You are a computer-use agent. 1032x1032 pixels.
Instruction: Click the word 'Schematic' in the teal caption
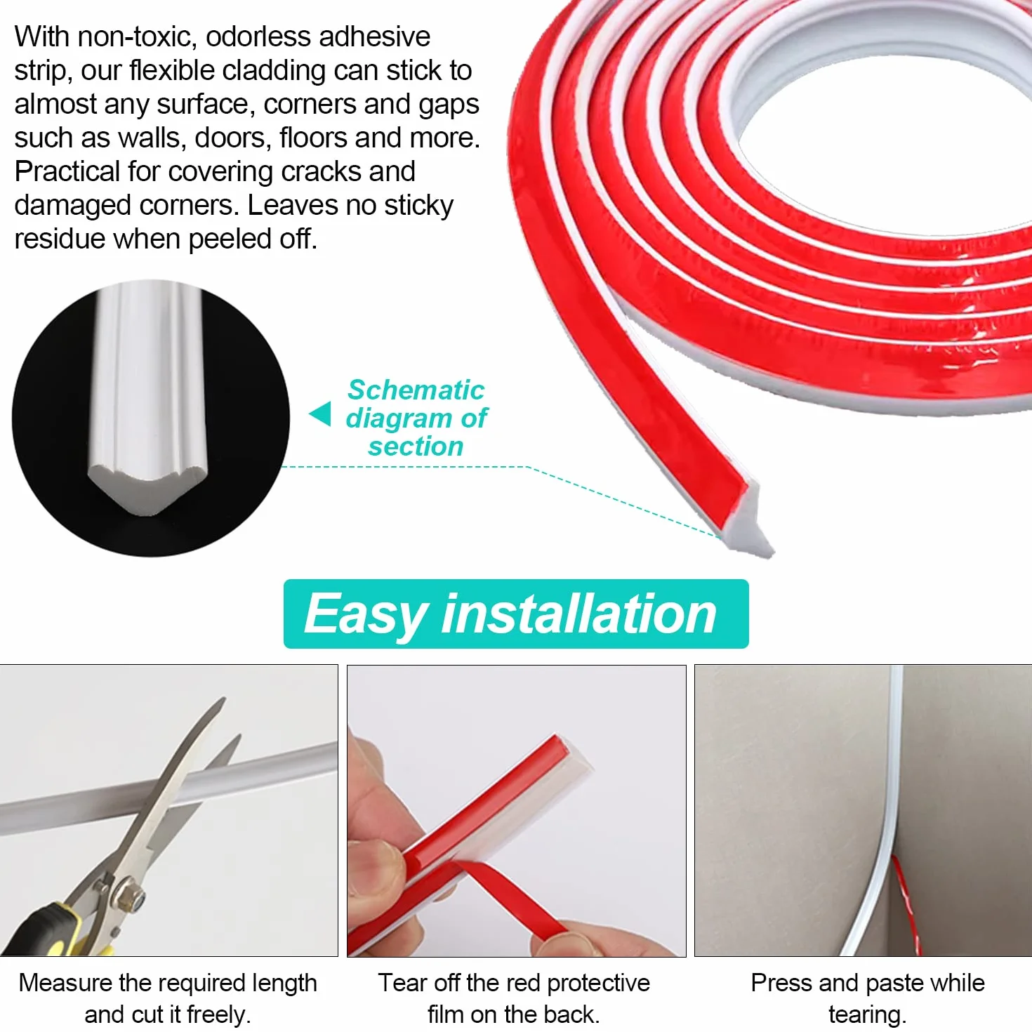point(416,390)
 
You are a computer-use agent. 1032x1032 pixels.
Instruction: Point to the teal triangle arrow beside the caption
point(320,414)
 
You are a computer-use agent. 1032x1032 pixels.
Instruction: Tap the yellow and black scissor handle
point(48,932)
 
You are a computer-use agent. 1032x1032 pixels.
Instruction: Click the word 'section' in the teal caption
point(416,446)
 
